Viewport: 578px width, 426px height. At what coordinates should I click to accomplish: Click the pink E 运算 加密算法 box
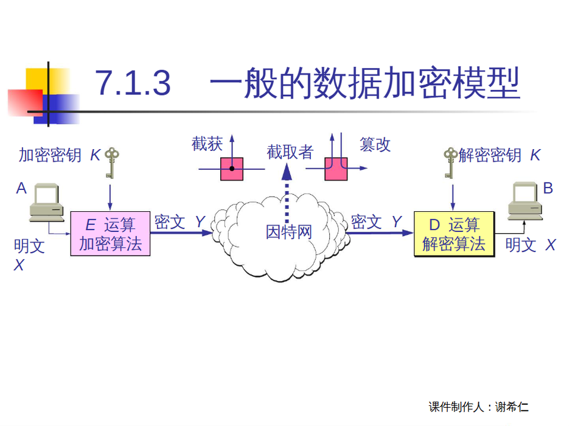click(110, 234)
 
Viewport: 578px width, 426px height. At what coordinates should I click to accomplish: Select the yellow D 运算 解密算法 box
click(454, 234)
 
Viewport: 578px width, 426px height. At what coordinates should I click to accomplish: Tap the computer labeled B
click(525, 200)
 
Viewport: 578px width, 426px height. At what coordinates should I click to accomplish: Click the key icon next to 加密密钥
click(110, 162)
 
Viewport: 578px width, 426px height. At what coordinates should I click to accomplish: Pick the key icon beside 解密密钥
click(450, 162)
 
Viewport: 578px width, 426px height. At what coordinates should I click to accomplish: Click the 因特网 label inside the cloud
click(289, 232)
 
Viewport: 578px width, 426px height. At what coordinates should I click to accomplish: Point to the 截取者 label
click(290, 152)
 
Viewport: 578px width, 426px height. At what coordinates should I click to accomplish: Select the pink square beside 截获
click(232, 169)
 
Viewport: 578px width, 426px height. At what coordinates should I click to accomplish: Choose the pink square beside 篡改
click(336, 169)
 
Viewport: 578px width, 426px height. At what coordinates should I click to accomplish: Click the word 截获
click(207, 144)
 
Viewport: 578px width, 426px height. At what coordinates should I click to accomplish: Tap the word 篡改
click(375, 145)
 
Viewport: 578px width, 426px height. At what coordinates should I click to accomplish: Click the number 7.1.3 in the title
click(134, 83)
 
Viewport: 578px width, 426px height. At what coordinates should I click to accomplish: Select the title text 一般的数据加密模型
click(365, 83)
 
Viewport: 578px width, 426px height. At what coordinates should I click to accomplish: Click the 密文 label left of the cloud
click(170, 222)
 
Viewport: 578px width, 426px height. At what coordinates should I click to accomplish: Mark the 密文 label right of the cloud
click(366, 222)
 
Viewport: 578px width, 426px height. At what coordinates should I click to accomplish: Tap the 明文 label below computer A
click(29, 246)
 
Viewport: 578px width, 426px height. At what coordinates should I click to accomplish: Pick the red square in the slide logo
click(24, 102)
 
